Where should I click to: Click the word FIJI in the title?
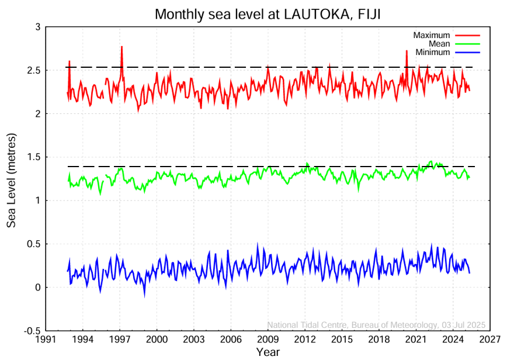click(x=367, y=14)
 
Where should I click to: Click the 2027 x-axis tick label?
click(x=490, y=340)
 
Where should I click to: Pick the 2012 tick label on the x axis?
click(x=305, y=340)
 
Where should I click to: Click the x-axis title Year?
click(x=268, y=352)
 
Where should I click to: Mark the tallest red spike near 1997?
click(x=121, y=47)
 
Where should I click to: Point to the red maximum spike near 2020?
click(x=407, y=51)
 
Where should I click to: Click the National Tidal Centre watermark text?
click(x=376, y=325)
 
